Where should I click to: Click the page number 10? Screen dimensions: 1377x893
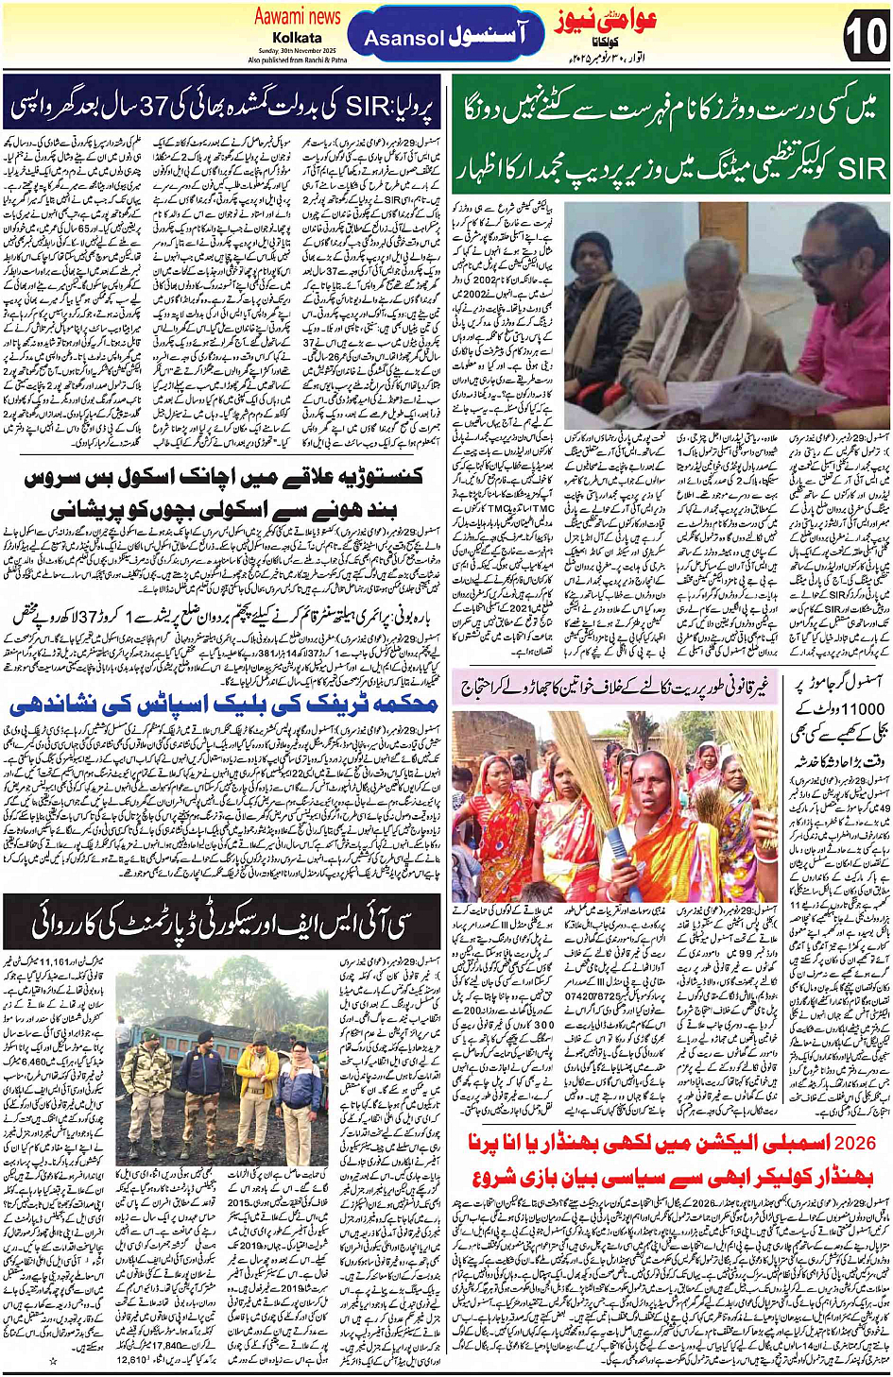865,37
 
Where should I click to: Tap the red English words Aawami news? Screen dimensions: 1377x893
297,16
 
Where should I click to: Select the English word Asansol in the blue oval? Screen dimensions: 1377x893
404,39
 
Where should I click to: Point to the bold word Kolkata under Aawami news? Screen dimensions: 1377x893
298,37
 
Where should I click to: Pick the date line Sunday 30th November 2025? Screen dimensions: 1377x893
297,51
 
